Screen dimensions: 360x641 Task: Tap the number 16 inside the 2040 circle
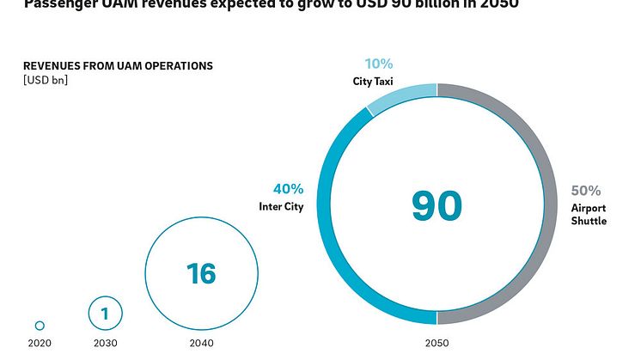(x=201, y=273)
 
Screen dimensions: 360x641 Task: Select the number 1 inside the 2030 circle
(x=105, y=314)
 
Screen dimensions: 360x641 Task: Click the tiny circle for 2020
(x=40, y=326)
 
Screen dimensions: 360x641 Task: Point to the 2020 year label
(x=40, y=344)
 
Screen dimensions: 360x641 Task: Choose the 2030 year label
(x=105, y=344)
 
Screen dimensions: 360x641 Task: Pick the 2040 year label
(x=201, y=344)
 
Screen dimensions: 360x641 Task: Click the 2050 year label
(x=436, y=344)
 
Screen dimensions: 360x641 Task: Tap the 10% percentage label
(x=378, y=64)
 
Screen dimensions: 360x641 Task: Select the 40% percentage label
(x=289, y=189)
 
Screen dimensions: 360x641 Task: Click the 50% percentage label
(x=587, y=191)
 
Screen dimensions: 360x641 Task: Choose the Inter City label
(x=281, y=207)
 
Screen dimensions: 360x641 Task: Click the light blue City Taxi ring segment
(x=400, y=96)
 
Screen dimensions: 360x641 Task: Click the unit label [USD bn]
(x=45, y=81)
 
